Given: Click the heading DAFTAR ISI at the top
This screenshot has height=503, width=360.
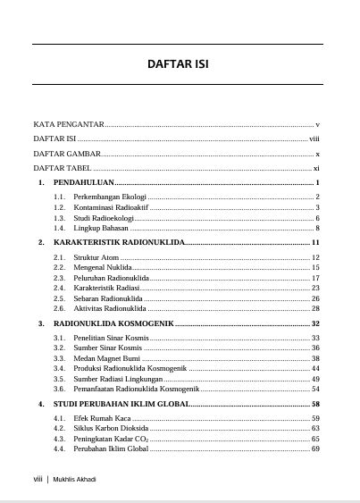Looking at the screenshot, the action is [x=178, y=64].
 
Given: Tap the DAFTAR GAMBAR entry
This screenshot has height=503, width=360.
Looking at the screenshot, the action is [x=67, y=154].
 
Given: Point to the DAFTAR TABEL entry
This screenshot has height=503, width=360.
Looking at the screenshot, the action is [x=63, y=168].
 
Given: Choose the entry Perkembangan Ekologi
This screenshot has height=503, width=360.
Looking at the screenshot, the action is [x=110, y=197].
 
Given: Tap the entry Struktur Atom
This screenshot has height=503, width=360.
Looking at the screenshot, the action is [x=96, y=257].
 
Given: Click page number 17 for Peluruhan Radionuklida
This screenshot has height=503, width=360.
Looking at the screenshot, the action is [x=315, y=278].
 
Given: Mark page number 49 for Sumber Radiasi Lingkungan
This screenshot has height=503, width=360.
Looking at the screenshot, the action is [x=315, y=379].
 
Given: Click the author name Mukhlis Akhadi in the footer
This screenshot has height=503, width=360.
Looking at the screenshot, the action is [x=74, y=480].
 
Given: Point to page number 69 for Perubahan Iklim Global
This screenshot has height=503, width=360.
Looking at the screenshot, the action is [x=315, y=449].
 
